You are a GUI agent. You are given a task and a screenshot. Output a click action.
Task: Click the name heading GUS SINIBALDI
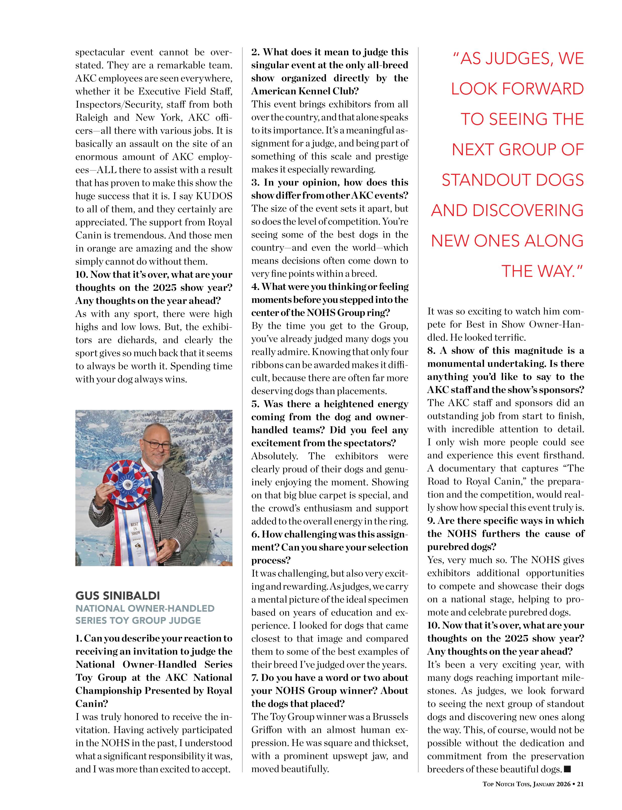coord(118,596)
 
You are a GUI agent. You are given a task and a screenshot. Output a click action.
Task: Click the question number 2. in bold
coord(256,52)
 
